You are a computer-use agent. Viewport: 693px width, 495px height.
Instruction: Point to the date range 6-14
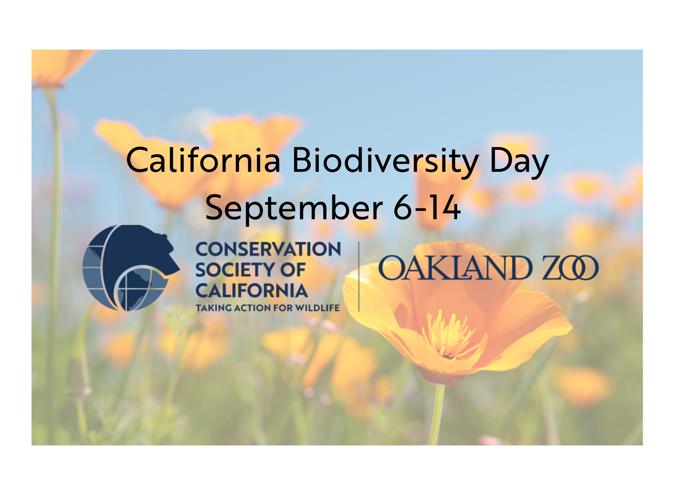427,207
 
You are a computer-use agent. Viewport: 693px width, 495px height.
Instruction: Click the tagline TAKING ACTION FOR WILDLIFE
268,308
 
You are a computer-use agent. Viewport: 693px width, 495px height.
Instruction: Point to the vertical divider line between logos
359,276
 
